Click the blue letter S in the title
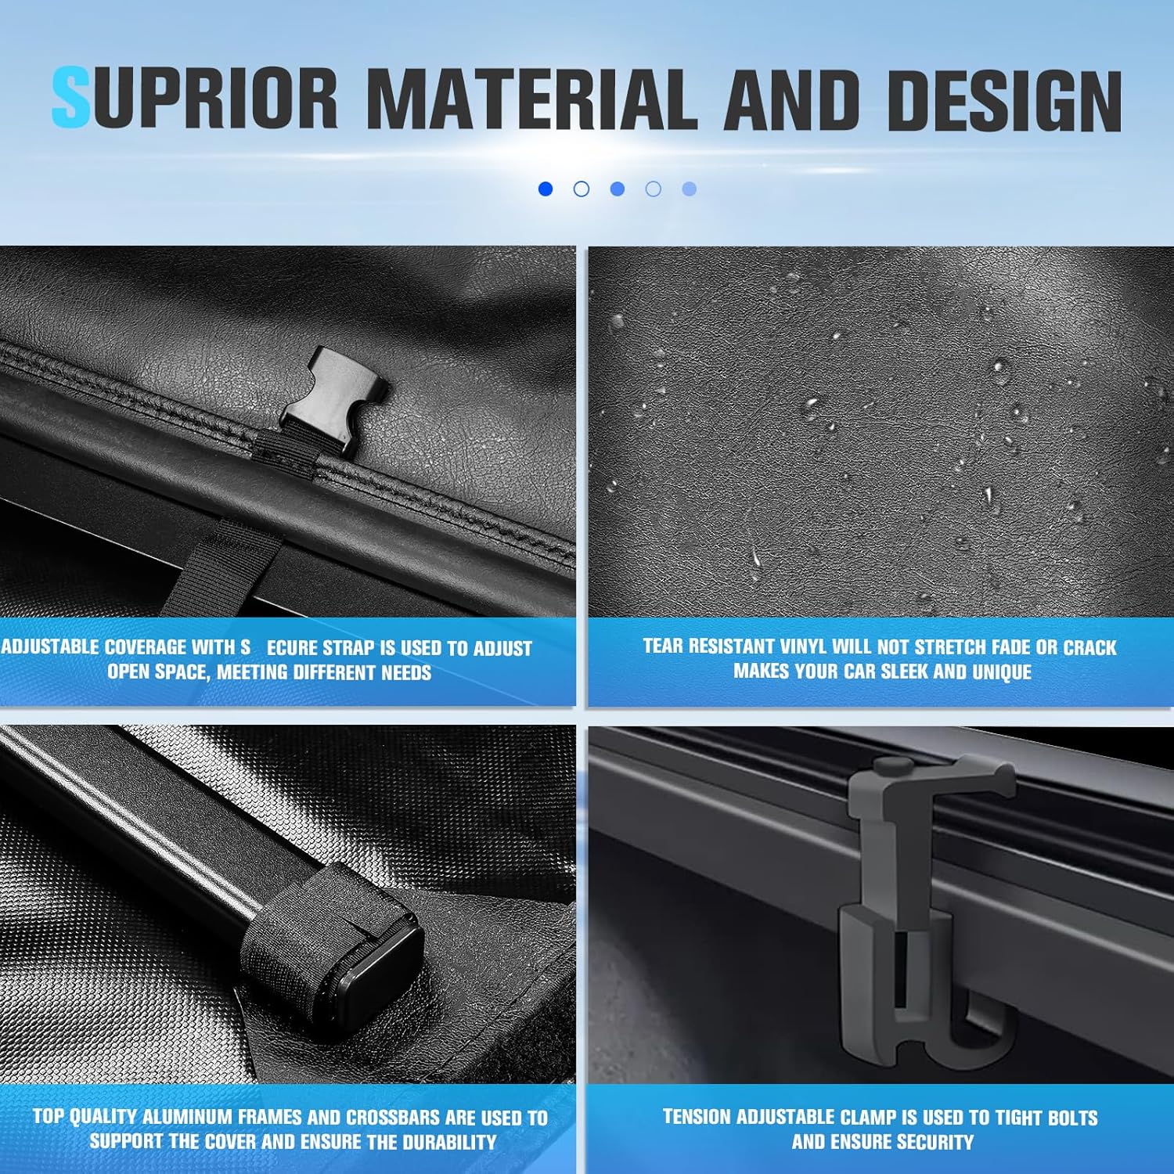tap(71, 99)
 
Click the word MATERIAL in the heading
tap(531, 99)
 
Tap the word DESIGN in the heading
tap(1004, 99)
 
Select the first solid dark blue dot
tap(546, 189)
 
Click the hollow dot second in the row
tap(582, 189)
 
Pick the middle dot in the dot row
tap(618, 189)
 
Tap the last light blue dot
tap(690, 189)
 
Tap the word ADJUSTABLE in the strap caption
tap(50, 647)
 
